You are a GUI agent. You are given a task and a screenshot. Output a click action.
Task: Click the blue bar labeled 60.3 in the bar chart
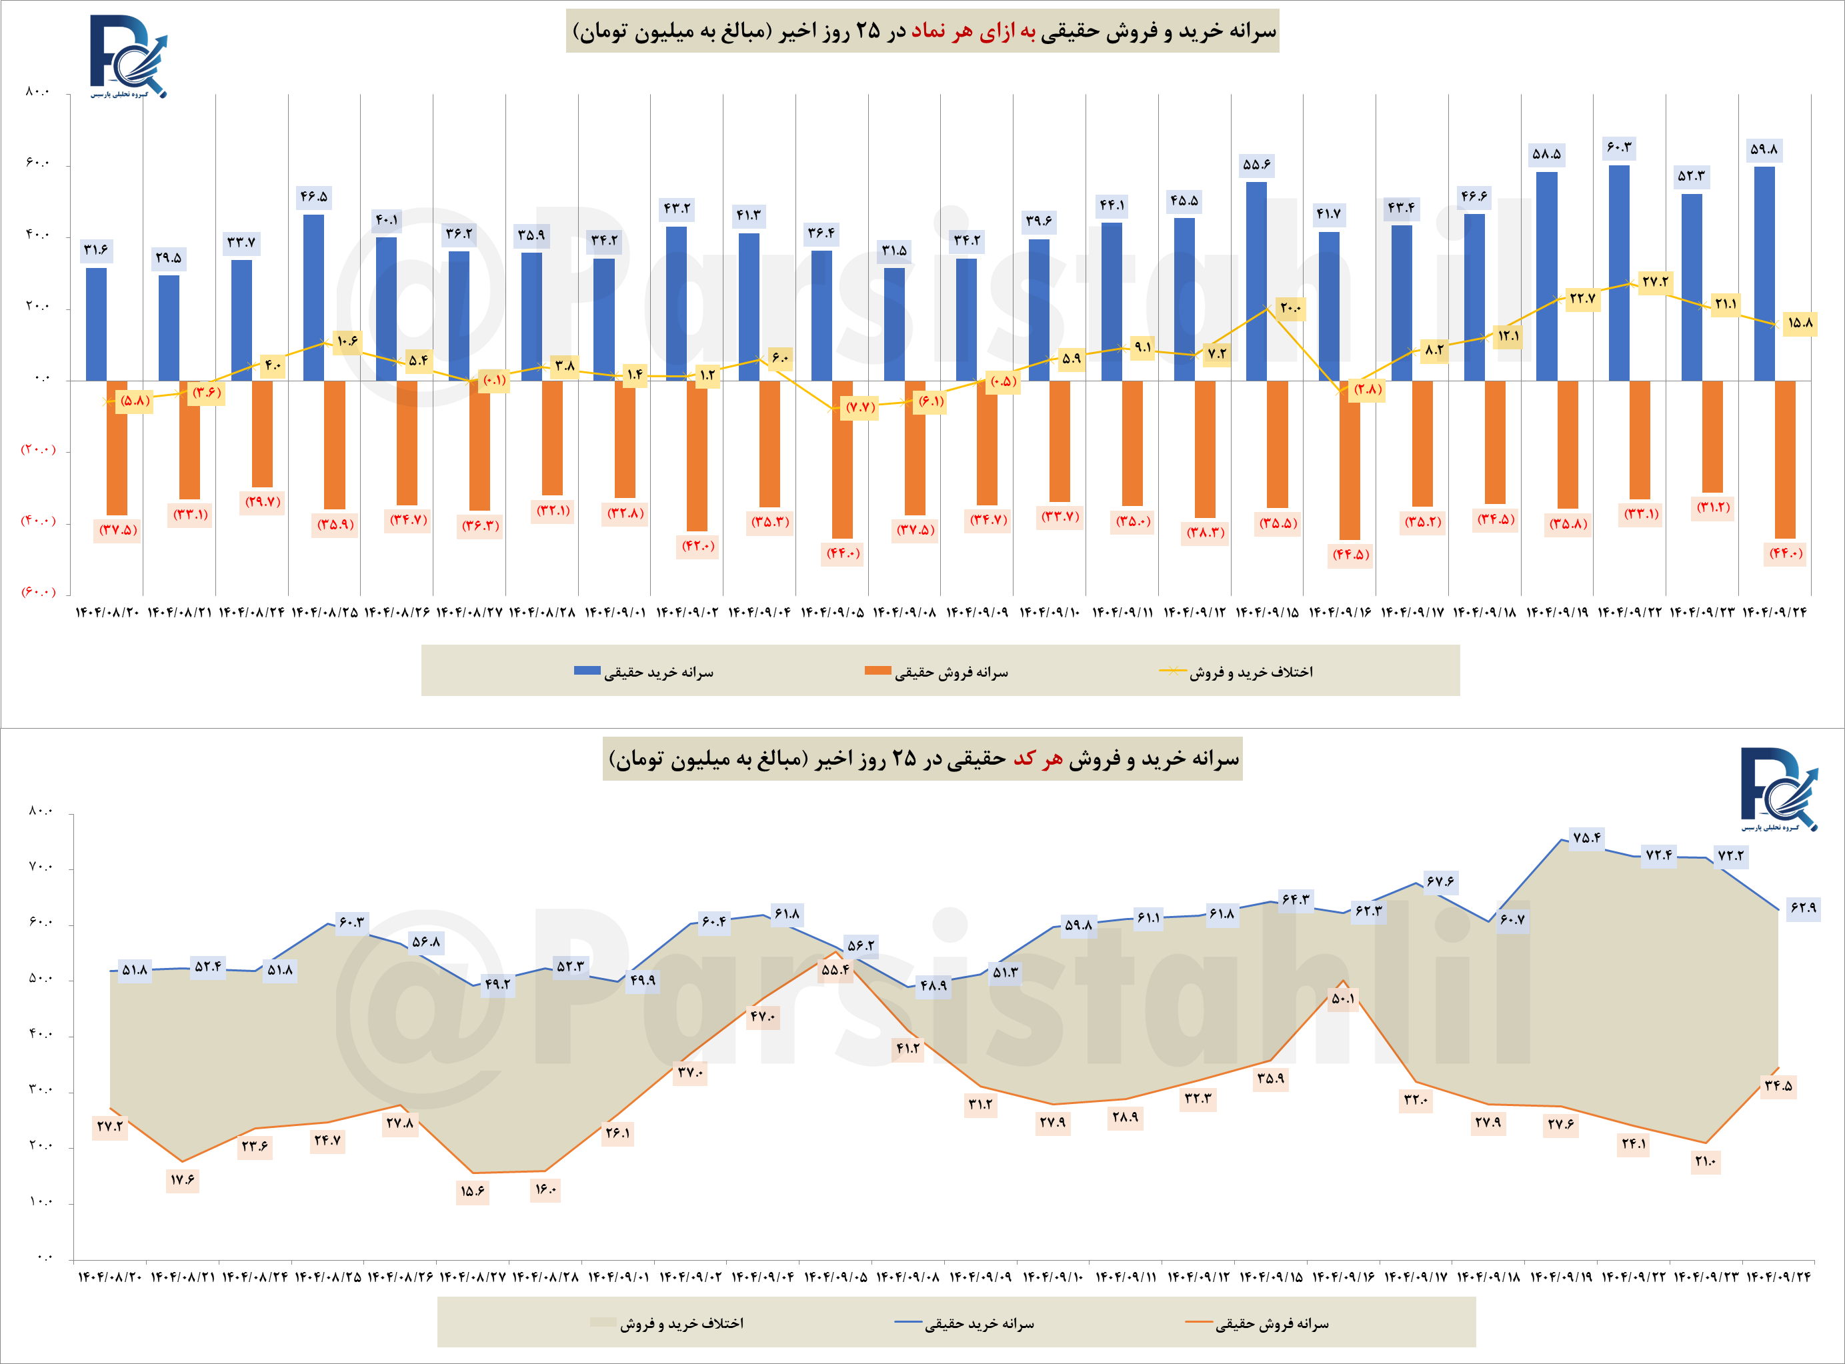[x=1619, y=273]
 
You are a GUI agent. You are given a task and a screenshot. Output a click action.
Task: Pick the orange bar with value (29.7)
[x=262, y=433]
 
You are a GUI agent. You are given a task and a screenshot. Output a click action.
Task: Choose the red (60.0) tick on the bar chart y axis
[x=38, y=592]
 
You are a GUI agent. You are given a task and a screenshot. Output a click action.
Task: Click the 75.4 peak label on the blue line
[x=1586, y=838]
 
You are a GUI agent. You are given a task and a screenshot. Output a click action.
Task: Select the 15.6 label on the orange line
[x=472, y=1191]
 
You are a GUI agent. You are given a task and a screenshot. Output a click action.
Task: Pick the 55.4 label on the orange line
[x=835, y=970]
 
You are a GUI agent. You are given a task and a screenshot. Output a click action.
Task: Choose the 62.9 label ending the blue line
[x=1802, y=908]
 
